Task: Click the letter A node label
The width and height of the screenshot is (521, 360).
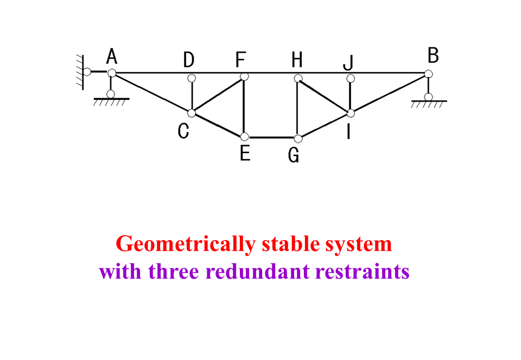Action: [x=112, y=55]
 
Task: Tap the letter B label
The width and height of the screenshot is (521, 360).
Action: [x=433, y=55]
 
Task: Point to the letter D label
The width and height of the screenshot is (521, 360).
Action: [x=188, y=60]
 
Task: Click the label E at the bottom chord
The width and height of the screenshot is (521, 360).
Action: [x=245, y=154]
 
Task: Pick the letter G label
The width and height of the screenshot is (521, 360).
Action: [x=294, y=156]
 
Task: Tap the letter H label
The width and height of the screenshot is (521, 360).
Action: [x=296, y=60]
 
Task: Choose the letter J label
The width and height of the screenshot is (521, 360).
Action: [x=348, y=63]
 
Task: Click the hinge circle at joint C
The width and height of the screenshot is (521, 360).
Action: [x=192, y=113]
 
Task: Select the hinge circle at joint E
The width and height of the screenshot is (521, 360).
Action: [x=245, y=137]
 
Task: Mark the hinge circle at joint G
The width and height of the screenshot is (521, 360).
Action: [x=297, y=138]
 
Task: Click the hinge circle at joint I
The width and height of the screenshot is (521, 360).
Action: [x=351, y=113]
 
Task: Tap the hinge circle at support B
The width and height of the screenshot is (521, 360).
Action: [x=429, y=74]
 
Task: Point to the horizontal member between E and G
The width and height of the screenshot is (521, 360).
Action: [x=271, y=137]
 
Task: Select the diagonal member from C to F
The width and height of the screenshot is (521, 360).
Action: [x=217, y=95]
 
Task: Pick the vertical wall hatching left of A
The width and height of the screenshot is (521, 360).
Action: [x=81, y=72]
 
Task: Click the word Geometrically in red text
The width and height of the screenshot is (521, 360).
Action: [x=185, y=244]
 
